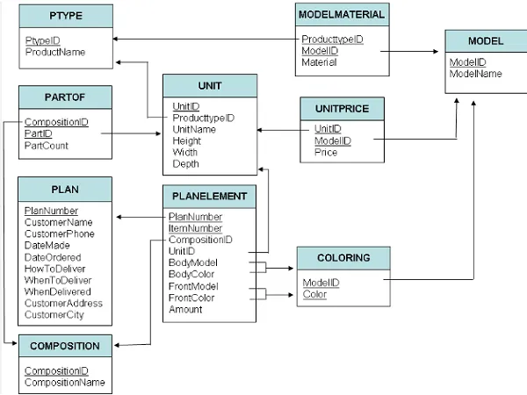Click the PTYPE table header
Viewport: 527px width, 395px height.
click(x=66, y=16)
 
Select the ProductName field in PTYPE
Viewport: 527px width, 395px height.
click(x=55, y=52)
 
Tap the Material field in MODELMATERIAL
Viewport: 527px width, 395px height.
click(x=319, y=62)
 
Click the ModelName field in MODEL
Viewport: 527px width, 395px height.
click(x=475, y=74)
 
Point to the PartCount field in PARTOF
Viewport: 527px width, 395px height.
click(x=47, y=146)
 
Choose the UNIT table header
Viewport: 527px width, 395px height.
click(x=210, y=86)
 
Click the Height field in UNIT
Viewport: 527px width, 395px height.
click(x=186, y=140)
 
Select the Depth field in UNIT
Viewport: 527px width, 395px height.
click(x=185, y=164)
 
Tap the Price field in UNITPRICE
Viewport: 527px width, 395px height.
click(x=326, y=152)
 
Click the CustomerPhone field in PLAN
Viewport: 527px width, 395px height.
click(x=60, y=233)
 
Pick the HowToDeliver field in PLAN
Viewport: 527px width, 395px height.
click(x=54, y=269)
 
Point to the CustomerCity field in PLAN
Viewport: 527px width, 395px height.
click(x=54, y=315)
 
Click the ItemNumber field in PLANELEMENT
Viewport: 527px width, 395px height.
click(x=195, y=228)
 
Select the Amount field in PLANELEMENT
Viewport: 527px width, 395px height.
click(x=185, y=309)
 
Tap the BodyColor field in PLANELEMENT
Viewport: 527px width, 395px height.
click(x=191, y=274)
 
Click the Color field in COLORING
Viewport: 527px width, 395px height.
click(x=314, y=294)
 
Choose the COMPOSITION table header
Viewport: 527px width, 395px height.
click(x=65, y=346)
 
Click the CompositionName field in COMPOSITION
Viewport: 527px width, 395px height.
click(x=64, y=382)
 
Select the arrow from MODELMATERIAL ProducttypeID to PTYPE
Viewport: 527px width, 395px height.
click(x=206, y=39)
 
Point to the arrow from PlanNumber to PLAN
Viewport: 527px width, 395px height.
click(x=141, y=217)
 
